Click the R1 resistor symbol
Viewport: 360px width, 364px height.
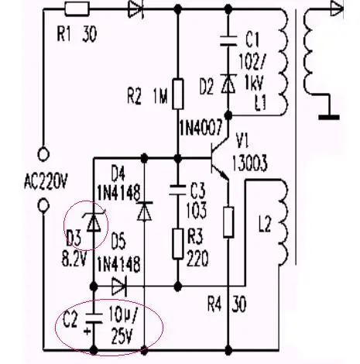tap(77, 9)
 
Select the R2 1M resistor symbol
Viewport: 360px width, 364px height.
tap(178, 94)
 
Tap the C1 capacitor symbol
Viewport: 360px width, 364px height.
tap(228, 41)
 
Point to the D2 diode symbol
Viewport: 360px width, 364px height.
tap(228, 84)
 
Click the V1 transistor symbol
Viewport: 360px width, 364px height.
tap(219, 158)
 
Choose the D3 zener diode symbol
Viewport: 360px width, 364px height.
tap(94, 221)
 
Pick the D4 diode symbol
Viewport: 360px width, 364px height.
tap(144, 211)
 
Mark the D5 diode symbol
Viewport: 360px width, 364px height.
tap(119, 286)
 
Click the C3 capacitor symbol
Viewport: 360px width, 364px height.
tap(177, 190)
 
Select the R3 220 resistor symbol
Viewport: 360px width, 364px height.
tap(178, 243)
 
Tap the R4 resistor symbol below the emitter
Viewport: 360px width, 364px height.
tap(228, 222)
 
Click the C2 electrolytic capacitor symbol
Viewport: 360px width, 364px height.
tap(94, 318)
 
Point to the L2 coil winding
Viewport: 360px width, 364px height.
tap(283, 222)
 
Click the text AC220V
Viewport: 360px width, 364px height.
tap(46, 181)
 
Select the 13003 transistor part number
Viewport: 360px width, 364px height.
tap(249, 163)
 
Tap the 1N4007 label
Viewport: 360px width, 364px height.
tap(201, 129)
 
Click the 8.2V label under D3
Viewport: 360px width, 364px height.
tap(74, 259)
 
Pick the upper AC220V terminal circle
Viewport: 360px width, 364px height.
tap(43, 154)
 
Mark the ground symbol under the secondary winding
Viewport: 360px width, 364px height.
tap(329, 118)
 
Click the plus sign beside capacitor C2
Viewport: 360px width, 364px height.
tap(87, 331)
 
